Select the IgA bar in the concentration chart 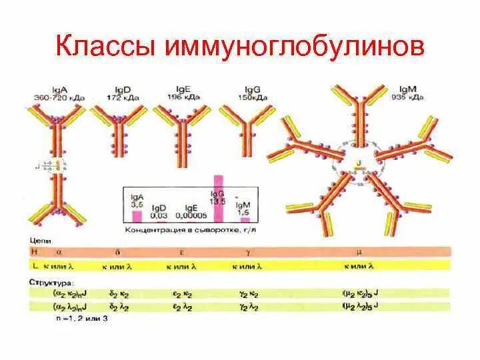tap(137, 215)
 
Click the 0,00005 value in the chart tap(190, 215)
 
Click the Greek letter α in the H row tap(61, 252)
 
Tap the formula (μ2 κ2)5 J tap(360, 293)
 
